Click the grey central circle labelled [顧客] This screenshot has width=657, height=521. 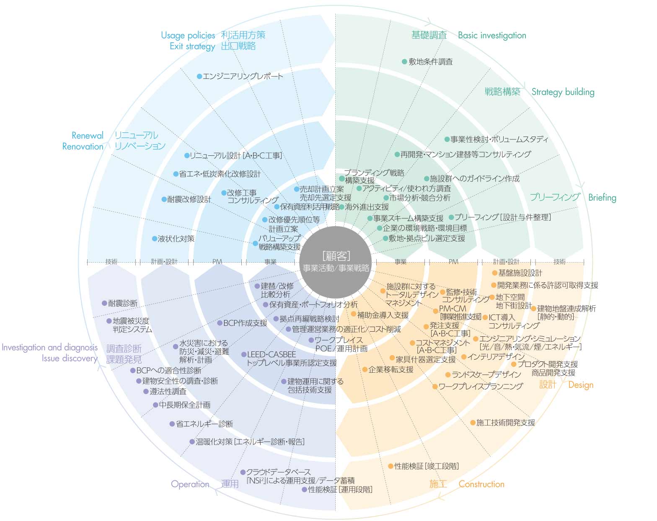(x=336, y=262)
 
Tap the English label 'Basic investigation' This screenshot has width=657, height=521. (x=492, y=36)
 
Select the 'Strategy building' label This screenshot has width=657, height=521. (x=563, y=92)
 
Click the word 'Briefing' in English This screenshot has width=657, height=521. (x=602, y=198)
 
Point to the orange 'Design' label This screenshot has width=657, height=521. (x=581, y=385)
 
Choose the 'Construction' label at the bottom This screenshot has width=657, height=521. (x=481, y=484)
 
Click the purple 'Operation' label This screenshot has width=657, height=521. (x=190, y=484)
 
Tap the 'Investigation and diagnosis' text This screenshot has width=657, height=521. (x=49, y=347)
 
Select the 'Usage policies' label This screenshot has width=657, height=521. (x=188, y=36)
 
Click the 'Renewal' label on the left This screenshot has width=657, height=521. (x=87, y=136)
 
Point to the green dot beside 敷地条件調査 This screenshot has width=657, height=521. (x=404, y=62)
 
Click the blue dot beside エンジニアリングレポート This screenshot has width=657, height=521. (x=199, y=76)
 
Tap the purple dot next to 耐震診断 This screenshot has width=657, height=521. (x=104, y=303)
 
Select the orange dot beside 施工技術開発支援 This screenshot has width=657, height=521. (x=473, y=423)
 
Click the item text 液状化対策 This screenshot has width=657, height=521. (x=176, y=239)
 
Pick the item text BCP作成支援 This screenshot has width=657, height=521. (x=245, y=323)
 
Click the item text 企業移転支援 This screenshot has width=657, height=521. (x=391, y=369)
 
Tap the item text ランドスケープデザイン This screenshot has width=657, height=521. (x=486, y=374)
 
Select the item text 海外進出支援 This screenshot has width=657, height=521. (x=367, y=207)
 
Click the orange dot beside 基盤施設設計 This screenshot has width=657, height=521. (x=494, y=273)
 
